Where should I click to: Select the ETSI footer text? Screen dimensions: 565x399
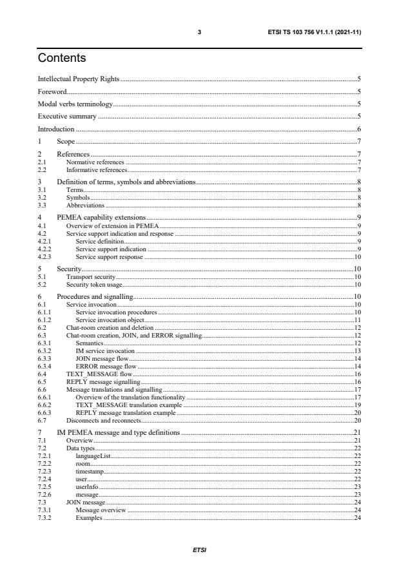coord(199,551)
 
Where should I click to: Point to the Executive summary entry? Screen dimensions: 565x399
coord(67,117)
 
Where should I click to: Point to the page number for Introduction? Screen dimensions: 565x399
coord(358,129)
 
